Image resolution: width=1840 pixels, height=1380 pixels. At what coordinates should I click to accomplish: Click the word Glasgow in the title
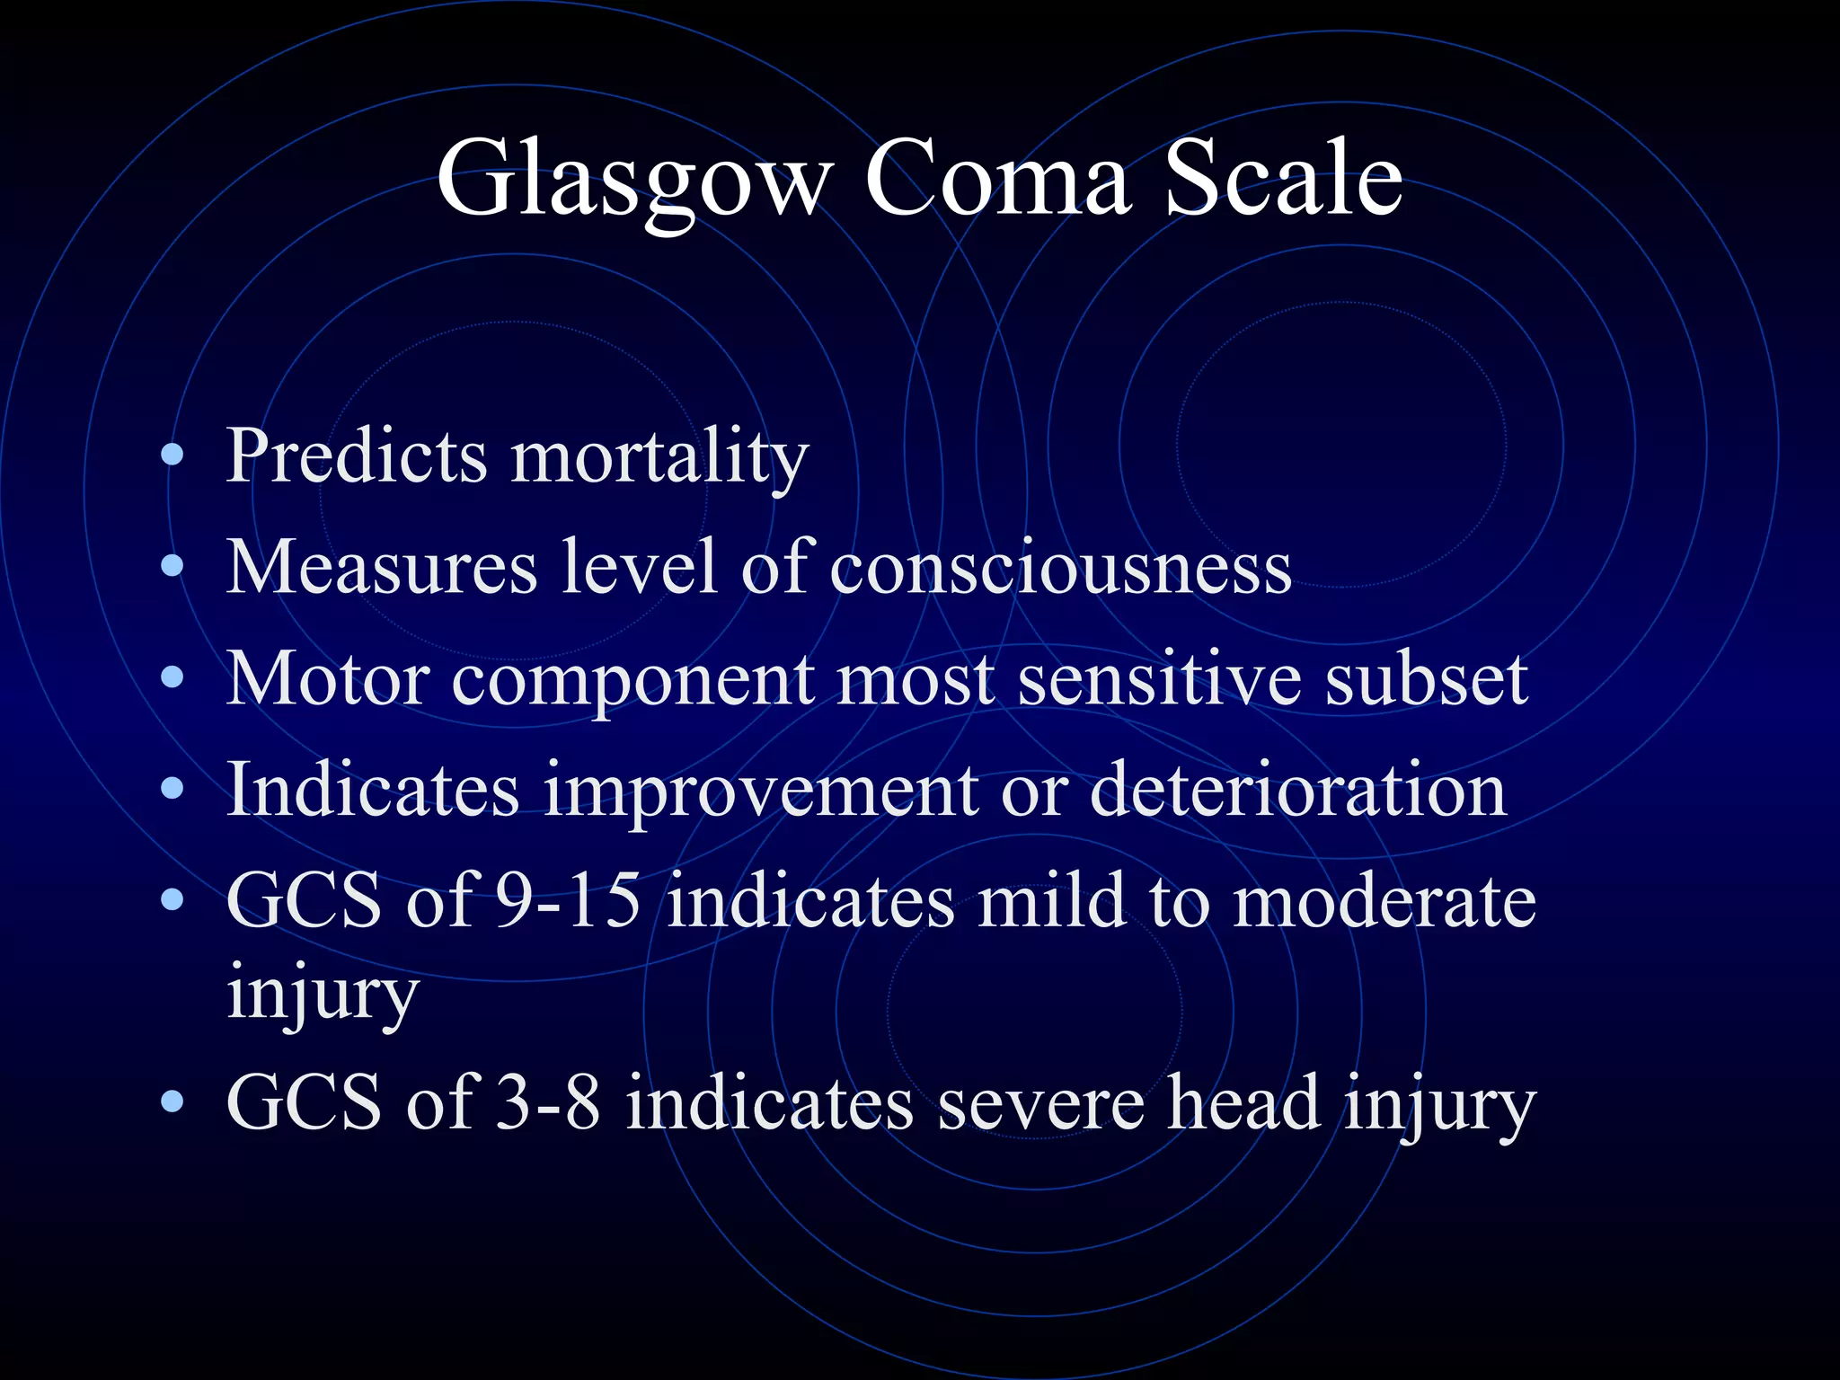(x=634, y=180)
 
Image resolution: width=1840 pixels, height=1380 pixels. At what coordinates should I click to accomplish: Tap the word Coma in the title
(x=996, y=180)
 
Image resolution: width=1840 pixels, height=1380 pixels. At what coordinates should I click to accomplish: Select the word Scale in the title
(x=1283, y=180)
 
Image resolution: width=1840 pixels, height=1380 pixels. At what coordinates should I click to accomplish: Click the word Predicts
(x=356, y=456)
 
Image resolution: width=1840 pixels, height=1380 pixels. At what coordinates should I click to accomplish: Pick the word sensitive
(x=1159, y=679)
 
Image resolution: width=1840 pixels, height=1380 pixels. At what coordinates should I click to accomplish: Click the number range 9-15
(x=569, y=901)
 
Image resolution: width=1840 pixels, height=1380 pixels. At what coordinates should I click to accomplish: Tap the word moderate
(x=1384, y=901)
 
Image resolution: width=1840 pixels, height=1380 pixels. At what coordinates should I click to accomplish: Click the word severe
(x=1041, y=1102)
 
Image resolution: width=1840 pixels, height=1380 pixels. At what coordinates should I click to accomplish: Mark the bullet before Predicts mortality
(x=172, y=456)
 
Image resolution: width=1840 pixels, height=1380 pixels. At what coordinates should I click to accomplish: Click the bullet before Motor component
(x=172, y=679)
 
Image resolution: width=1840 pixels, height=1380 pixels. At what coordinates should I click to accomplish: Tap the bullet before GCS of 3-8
(x=172, y=1102)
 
